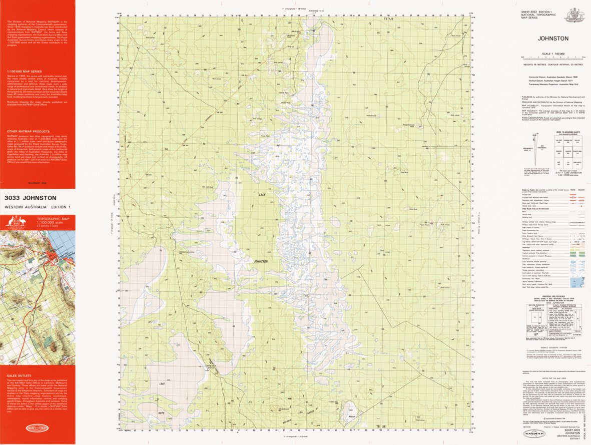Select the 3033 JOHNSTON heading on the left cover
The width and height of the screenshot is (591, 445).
tap(30, 198)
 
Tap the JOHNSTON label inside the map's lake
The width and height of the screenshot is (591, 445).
tap(260, 261)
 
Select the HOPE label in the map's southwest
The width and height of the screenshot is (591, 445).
tap(161, 412)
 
